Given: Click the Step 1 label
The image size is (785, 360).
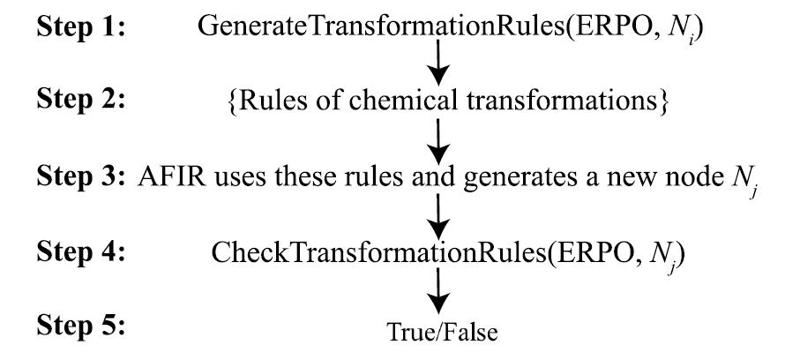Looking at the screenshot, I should tap(81, 26).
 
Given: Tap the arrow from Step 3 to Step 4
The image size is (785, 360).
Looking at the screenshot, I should tap(438, 214).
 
